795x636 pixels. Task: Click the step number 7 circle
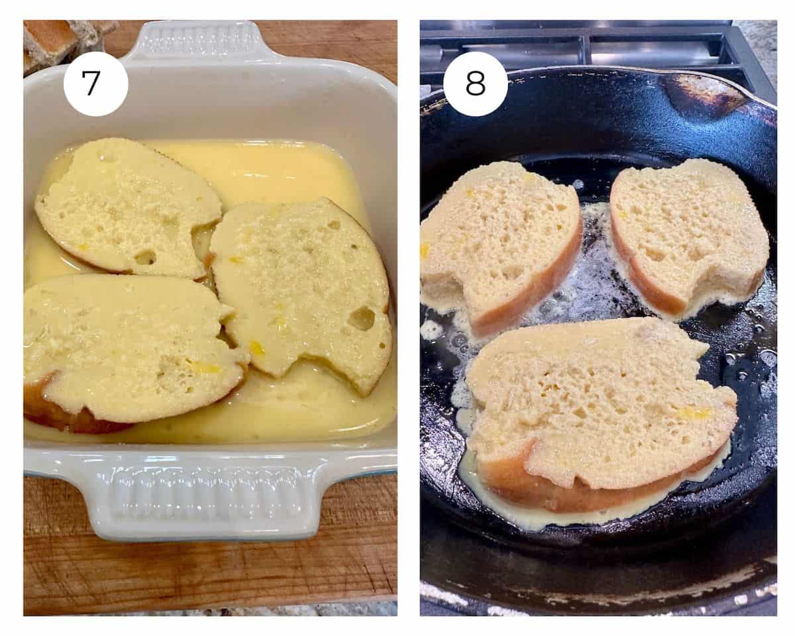[95, 83]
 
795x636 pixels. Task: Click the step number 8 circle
[475, 83]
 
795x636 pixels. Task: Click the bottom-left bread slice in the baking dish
[129, 348]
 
